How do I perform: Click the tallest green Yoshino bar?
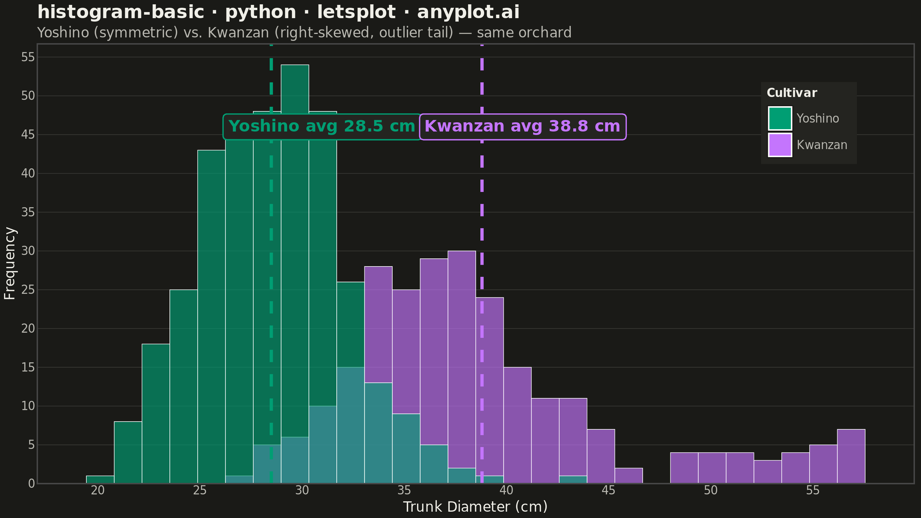click(x=295, y=250)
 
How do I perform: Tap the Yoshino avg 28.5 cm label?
click(x=322, y=127)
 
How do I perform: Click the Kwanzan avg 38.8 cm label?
click(x=522, y=127)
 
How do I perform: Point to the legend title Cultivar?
click(x=792, y=93)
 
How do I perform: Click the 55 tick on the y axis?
click(x=28, y=57)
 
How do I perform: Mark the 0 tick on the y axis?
click(x=31, y=484)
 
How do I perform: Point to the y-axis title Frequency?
click(x=10, y=264)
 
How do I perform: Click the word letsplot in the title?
click(x=357, y=12)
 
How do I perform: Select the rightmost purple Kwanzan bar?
click(x=851, y=456)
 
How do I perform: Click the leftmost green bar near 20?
click(x=100, y=480)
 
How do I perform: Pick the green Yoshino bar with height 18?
click(x=156, y=414)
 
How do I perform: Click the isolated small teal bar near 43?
click(x=573, y=480)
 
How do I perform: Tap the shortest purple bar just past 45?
click(x=629, y=476)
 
